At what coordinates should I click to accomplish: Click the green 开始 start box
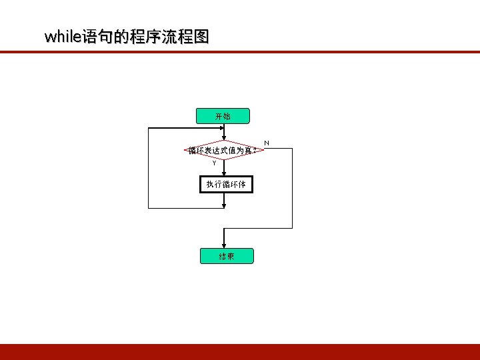[223, 116]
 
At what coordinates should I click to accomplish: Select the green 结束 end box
[226, 256]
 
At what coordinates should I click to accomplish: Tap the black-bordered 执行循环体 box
[226, 184]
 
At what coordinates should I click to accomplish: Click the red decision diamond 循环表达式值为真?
[224, 151]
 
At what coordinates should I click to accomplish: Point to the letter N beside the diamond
[267, 143]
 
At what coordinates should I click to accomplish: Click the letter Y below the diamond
[214, 163]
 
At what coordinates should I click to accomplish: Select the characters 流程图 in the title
[187, 37]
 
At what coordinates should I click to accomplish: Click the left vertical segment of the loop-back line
[149, 167]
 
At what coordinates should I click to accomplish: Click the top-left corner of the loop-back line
[149, 127]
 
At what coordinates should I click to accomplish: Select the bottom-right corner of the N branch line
[292, 228]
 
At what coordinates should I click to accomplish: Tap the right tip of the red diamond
[265, 150]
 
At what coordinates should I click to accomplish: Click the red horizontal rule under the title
[240, 51]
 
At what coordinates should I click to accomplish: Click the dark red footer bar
[240, 351]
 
